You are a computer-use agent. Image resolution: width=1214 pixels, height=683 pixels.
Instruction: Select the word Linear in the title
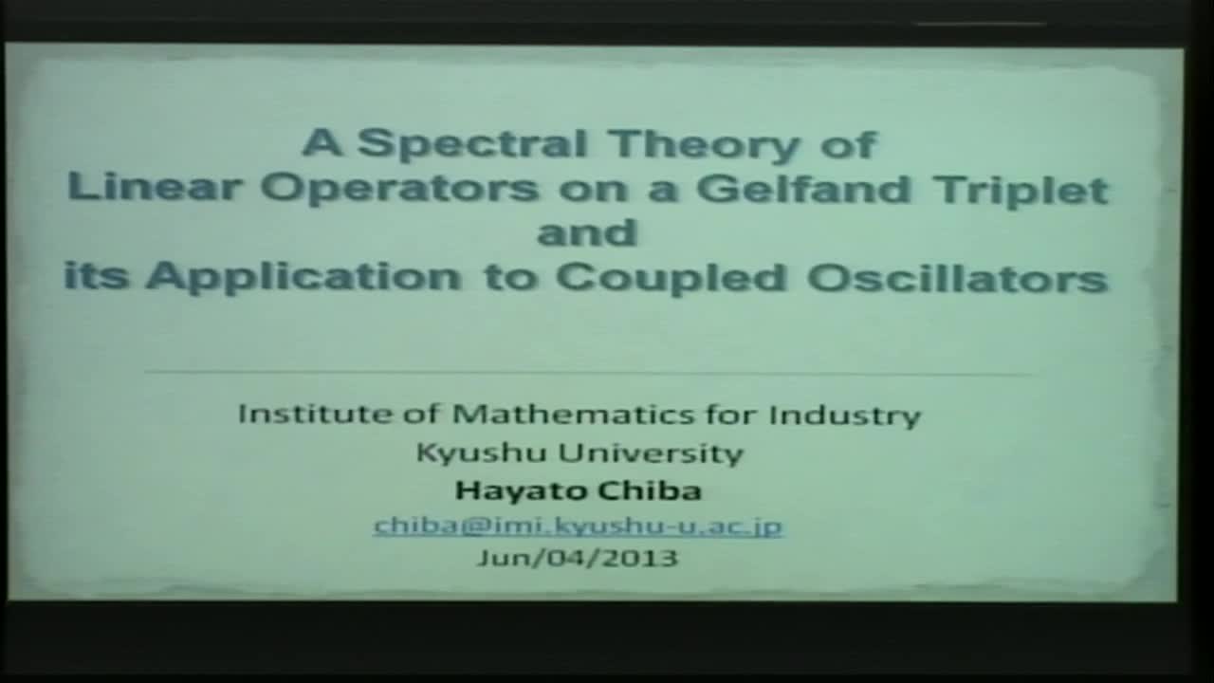(153, 188)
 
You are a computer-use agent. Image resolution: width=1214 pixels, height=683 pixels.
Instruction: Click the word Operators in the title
(399, 188)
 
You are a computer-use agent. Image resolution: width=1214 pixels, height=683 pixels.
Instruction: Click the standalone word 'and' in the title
(587, 232)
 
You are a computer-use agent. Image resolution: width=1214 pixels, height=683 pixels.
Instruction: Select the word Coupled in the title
(671, 277)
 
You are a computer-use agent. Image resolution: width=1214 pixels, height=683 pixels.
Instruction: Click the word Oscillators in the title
(957, 277)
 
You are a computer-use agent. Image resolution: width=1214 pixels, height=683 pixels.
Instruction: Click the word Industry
(844, 415)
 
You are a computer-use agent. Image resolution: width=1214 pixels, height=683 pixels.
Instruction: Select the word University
(650, 452)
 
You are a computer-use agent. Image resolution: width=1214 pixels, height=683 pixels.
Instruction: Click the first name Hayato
(513, 490)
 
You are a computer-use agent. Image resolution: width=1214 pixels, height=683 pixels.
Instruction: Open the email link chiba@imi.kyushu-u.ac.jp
(578, 526)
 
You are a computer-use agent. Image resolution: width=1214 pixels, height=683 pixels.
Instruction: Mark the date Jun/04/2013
(578, 557)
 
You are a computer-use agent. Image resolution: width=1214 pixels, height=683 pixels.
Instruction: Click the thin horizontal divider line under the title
(588, 373)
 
